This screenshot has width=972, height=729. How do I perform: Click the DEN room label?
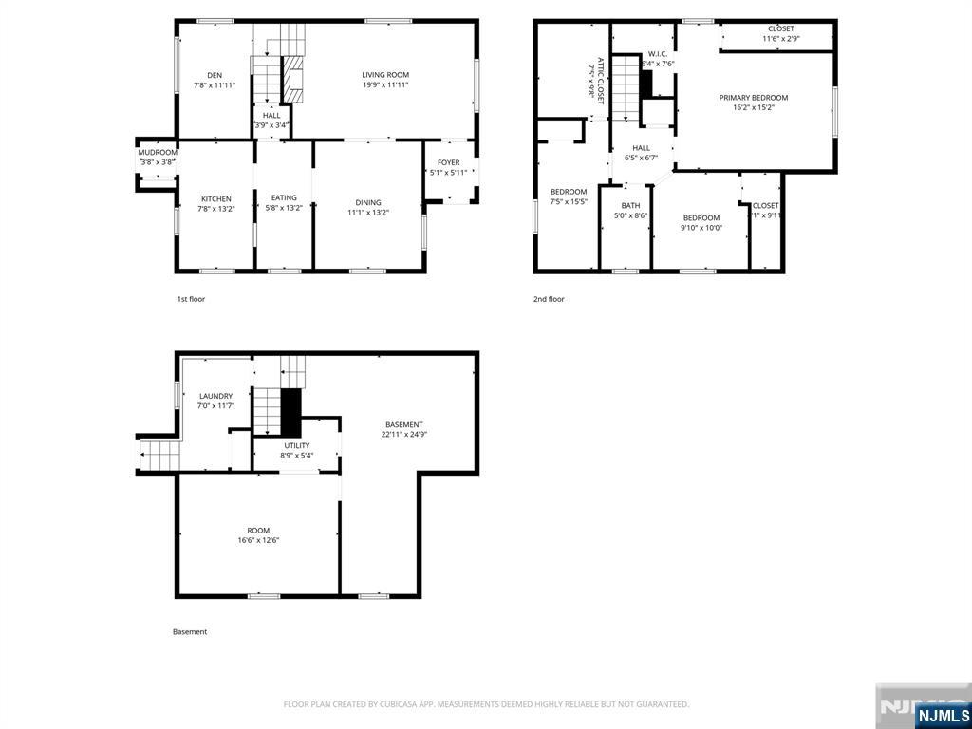coord(215,75)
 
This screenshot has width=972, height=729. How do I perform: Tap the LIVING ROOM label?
coord(384,75)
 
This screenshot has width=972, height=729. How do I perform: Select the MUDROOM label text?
coord(158,152)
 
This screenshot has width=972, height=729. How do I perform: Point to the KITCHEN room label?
coord(215,199)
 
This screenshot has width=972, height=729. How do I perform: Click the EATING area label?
coord(284,197)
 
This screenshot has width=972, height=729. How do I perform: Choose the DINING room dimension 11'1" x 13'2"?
coord(368,213)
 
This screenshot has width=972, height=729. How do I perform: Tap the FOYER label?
coord(448,162)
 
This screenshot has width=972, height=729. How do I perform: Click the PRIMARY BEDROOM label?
coord(753,98)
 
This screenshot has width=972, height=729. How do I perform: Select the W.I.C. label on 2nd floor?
coord(658,54)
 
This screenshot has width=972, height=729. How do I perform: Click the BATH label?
coord(630,206)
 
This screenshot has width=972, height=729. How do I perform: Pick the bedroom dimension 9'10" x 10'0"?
coord(701,228)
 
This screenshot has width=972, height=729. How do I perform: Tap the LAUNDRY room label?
coord(215,396)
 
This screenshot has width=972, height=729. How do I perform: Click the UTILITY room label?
coord(296,445)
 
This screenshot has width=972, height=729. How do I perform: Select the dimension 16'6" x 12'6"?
coord(258,541)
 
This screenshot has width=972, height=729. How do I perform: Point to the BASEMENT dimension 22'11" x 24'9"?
coord(403,435)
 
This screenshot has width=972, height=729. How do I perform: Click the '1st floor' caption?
coord(191,299)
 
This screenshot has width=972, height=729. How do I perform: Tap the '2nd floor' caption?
coord(549,299)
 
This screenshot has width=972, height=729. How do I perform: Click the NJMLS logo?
coord(943,715)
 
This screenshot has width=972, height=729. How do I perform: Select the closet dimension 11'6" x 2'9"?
coord(781,39)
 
